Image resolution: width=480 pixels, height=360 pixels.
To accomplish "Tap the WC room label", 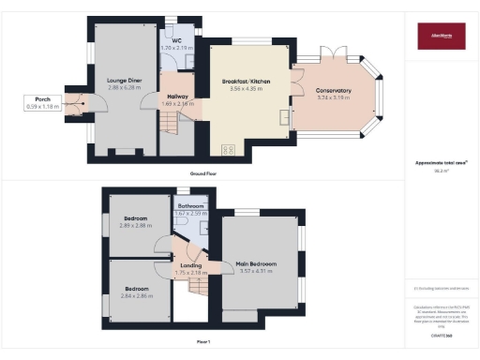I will pyautogui.click(x=176, y=40).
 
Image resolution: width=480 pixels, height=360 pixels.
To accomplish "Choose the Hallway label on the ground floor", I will pyautogui.click(x=179, y=97).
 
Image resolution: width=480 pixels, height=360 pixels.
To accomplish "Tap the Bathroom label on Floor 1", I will pyautogui.click(x=191, y=205).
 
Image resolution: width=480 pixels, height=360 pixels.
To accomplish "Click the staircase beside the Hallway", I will pyautogui.click(x=170, y=122).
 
